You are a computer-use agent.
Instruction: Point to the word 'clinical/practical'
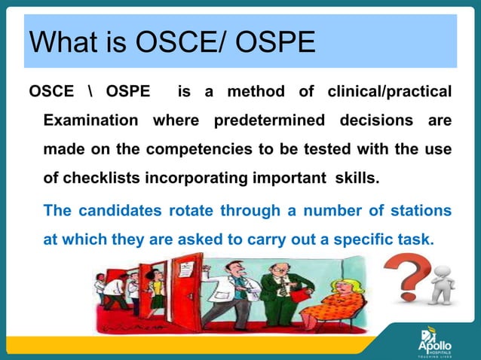click(x=389, y=92)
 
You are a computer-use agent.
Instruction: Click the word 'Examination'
click(x=90, y=121)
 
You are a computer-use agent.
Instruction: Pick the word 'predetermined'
click(x=269, y=121)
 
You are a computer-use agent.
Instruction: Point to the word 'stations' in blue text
click(x=422, y=211)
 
